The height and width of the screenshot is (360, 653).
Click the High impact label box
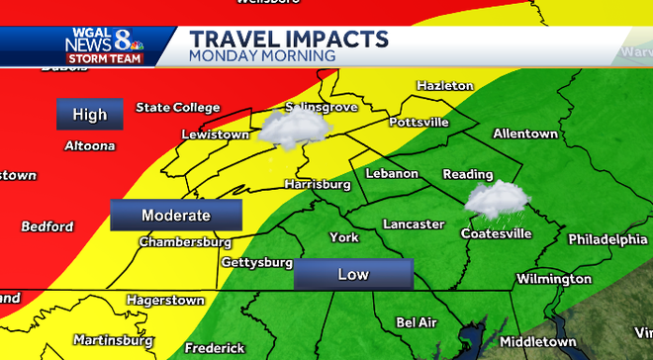pyautogui.click(x=89, y=115)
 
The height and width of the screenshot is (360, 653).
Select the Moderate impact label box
pyautogui.click(x=176, y=215)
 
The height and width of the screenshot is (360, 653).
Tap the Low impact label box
pyautogui.click(x=352, y=274)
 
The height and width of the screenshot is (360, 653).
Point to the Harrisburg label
pyautogui.click(x=318, y=184)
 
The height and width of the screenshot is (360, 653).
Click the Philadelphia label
pyautogui.click(x=607, y=239)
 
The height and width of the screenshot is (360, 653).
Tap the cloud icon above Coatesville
pyautogui.click(x=495, y=200)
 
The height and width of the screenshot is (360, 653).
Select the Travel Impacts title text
pyautogui.click(x=288, y=39)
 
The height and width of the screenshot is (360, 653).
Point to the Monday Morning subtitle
pyautogui.click(x=262, y=56)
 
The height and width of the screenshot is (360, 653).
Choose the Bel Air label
pyautogui.click(x=416, y=322)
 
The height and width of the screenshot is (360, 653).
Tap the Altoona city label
pyautogui.click(x=89, y=145)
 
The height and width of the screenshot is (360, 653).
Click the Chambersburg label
pyautogui.click(x=185, y=241)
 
